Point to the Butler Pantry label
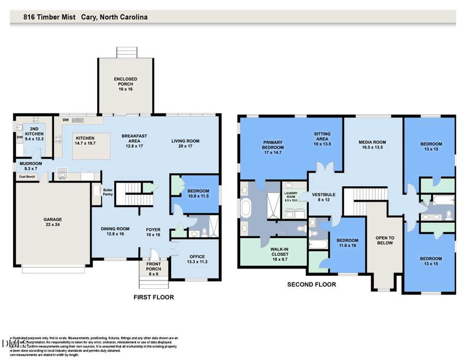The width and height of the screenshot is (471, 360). (108, 192)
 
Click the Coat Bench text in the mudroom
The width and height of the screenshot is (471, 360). (27, 176)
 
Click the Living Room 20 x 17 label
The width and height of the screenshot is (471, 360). (186, 144)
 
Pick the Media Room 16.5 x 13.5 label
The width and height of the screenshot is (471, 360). (372, 145)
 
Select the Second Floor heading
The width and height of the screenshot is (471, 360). (311, 285)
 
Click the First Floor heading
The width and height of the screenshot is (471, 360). (153, 297)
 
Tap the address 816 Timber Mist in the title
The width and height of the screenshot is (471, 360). (50, 17)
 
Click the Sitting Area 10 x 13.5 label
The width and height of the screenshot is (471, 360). (322, 137)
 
